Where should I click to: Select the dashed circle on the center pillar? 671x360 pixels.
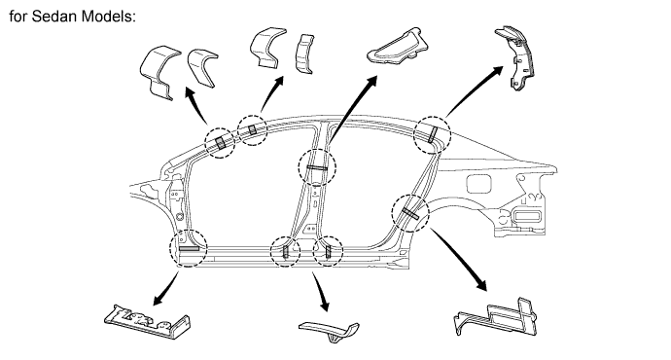(x=317, y=167)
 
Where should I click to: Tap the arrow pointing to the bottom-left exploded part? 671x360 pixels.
(x=166, y=289)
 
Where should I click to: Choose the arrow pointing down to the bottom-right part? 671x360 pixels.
(x=459, y=260)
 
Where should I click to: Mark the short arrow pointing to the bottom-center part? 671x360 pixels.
(x=321, y=292)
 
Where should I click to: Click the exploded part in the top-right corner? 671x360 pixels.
(x=515, y=57)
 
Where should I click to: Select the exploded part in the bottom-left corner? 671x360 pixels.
(x=147, y=322)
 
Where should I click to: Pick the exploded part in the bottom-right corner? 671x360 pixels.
(x=495, y=317)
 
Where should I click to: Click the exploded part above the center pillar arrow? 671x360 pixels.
(x=398, y=47)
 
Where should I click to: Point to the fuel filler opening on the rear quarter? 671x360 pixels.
(x=478, y=184)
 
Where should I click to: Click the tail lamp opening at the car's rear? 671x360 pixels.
(x=528, y=216)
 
